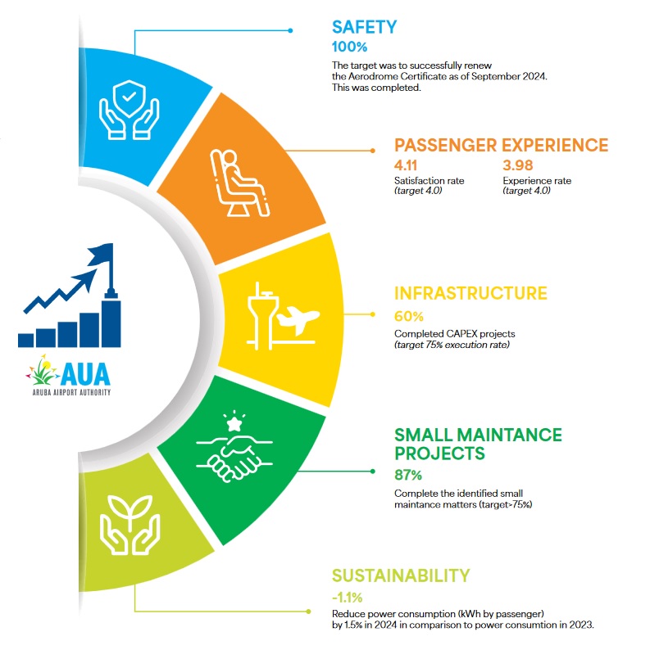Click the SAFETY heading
tap(364, 27)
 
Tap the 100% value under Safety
tap(349, 47)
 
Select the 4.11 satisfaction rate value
tap(406, 165)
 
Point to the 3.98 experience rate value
tap(518, 165)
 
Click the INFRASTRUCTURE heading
tap(470, 294)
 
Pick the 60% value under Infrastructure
tap(409, 317)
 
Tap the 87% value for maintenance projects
tap(408, 475)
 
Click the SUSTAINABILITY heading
tap(401, 575)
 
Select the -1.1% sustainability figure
tap(348, 598)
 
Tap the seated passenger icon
tap(239, 183)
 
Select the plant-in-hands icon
tap(130, 525)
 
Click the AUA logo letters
tap(85, 374)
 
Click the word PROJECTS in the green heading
tap(440, 454)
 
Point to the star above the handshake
tap(234, 424)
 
